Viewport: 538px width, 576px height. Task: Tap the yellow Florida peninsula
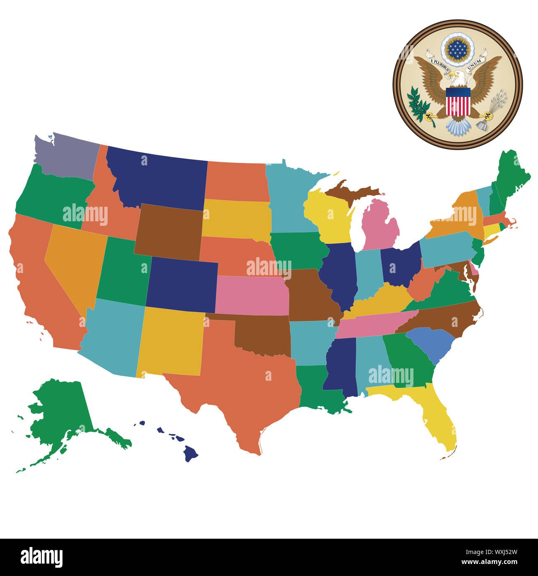pos(439,419)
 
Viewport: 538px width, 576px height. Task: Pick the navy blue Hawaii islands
pos(190,453)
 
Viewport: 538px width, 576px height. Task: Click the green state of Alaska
pos(62,410)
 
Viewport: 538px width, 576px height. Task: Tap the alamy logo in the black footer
pos(41,557)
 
